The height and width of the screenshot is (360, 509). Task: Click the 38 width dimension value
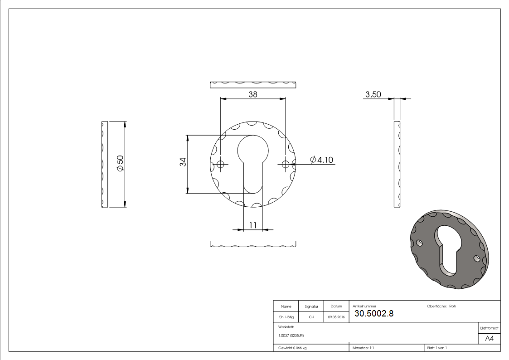click(x=253, y=94)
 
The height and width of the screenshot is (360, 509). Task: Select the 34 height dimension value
click(x=183, y=162)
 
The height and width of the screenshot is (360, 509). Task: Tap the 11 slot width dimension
click(x=253, y=225)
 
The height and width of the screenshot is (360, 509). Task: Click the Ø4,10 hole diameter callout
click(x=322, y=160)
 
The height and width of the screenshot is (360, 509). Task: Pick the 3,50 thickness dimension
click(x=373, y=94)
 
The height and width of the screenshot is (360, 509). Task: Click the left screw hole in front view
click(x=220, y=164)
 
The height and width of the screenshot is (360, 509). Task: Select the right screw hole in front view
click(x=286, y=164)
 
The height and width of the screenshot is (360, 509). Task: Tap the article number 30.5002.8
click(x=374, y=314)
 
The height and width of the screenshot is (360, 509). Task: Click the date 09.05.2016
click(x=336, y=317)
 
